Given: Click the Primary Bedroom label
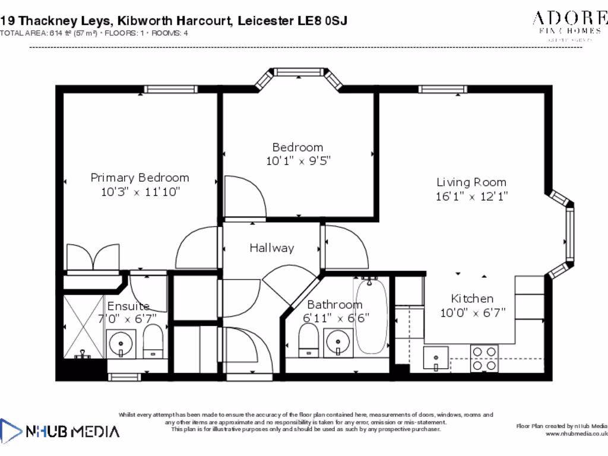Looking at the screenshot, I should tap(140, 177).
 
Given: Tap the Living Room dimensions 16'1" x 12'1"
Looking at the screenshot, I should tap(471, 197).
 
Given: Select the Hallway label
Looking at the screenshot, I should tap(271, 248).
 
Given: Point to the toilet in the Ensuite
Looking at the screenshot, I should tap(153, 341).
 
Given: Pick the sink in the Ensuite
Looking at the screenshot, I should tap(121, 343).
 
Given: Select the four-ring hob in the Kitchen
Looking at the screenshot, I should tap(483, 358).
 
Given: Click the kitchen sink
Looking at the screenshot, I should tap(436, 359).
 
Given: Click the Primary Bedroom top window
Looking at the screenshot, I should tap(170, 89).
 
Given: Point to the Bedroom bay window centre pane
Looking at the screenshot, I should tap(300, 72).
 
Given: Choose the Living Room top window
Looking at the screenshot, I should tap(442, 89).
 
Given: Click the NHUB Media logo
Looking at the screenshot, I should tap(59, 430).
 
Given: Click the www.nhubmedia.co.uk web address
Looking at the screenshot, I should tap(576, 434).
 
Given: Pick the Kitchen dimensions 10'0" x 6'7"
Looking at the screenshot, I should tap(472, 312).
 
